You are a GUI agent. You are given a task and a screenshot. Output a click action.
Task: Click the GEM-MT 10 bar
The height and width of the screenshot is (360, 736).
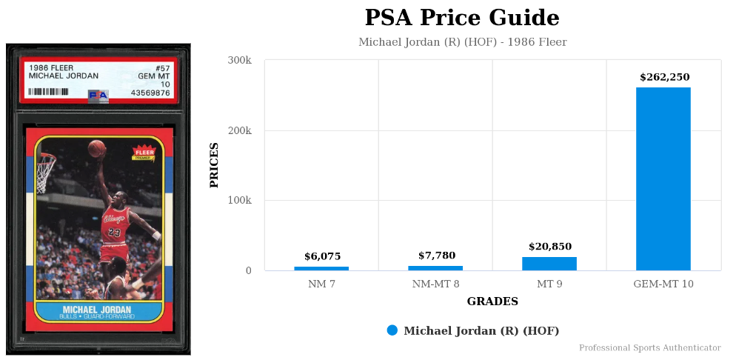point(663,179)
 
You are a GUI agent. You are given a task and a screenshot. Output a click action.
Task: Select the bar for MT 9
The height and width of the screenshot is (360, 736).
point(549,264)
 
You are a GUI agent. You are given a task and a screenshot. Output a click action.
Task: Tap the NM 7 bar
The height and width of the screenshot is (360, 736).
point(321,268)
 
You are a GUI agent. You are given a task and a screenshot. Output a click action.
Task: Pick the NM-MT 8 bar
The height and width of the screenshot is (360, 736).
point(435,267)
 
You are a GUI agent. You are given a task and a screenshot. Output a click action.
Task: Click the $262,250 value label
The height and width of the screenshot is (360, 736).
point(664,77)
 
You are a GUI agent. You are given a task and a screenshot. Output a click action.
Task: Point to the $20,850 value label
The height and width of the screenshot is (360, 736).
point(549,247)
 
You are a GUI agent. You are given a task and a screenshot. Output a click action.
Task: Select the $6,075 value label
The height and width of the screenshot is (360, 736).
point(322,256)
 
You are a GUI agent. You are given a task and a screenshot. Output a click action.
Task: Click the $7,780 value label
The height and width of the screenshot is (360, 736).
point(436,256)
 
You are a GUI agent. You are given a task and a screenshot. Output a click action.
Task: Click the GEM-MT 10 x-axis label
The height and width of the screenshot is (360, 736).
point(663,284)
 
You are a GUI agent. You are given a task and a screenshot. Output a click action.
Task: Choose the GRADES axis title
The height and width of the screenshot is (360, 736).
point(492,301)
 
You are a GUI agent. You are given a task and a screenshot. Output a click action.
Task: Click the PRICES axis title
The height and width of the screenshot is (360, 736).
point(215,164)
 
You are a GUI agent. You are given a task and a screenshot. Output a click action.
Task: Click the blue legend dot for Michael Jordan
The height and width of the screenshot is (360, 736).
point(392,330)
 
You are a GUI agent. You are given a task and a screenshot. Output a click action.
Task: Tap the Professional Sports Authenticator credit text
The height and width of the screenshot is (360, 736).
point(649,347)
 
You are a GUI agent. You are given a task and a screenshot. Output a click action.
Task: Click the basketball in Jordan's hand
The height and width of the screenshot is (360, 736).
point(96,148)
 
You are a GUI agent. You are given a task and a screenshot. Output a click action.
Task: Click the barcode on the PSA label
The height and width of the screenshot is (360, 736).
point(48,92)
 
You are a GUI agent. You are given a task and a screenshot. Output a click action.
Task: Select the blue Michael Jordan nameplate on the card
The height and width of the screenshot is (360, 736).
point(98,311)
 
